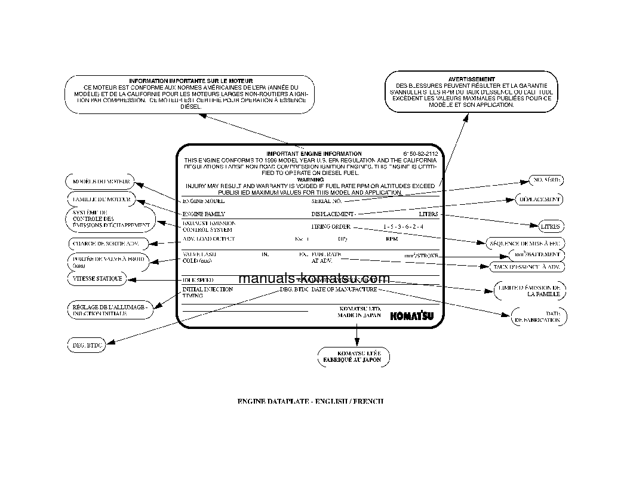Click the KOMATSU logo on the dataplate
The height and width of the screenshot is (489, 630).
pyautogui.click(x=412, y=316)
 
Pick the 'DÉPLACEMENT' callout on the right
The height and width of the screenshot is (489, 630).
pyautogui.click(x=539, y=199)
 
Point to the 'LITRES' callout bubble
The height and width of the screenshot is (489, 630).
pyautogui.click(x=549, y=227)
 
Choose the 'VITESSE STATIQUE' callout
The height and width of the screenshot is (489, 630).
pyautogui.click(x=97, y=279)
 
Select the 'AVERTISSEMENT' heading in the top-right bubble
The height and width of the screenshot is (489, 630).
pyautogui.click(x=471, y=79)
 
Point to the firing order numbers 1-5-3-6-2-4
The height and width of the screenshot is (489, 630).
pyautogui.click(x=404, y=227)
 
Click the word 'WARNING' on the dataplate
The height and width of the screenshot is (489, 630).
pyautogui.click(x=310, y=179)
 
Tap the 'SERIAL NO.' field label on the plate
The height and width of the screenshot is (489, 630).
pyautogui.click(x=326, y=202)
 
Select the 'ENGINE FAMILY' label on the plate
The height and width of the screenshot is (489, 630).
pyautogui.click(x=204, y=213)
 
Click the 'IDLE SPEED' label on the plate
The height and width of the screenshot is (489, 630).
pyautogui.click(x=198, y=280)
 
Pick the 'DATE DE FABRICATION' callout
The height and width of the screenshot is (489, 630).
pyautogui.click(x=538, y=316)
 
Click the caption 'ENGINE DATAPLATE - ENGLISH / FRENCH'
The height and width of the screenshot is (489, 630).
pyautogui.click(x=311, y=401)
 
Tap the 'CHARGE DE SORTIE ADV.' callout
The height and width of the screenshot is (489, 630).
pyautogui.click(x=105, y=244)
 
